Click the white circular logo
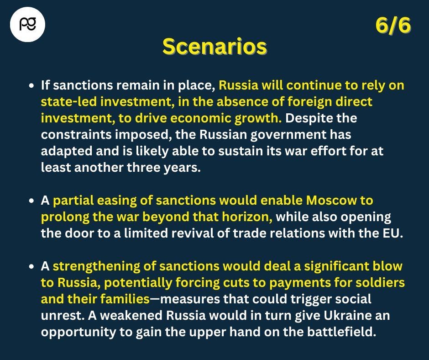click(27, 24)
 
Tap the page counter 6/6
click(393, 25)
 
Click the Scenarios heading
click(215, 47)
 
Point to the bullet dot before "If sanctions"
click(32, 85)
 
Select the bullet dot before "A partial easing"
click(32, 201)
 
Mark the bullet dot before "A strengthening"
click(32, 266)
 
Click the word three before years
click(144, 167)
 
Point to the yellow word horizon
click(247, 217)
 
